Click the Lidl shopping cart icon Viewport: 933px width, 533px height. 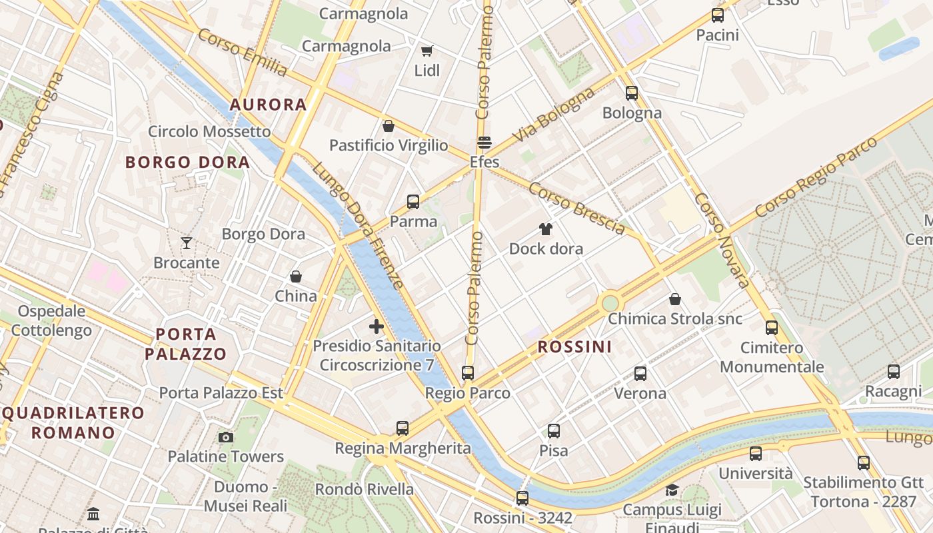click(x=427, y=51)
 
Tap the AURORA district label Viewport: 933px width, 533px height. click(x=268, y=105)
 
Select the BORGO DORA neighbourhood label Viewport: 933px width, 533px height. click(x=187, y=162)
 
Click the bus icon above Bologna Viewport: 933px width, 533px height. click(x=631, y=93)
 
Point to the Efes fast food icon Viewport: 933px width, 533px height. click(x=484, y=143)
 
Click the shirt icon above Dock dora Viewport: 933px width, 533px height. click(x=546, y=230)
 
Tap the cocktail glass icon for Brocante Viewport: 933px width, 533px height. click(x=187, y=243)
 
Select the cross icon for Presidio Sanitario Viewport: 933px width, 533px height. click(x=377, y=326)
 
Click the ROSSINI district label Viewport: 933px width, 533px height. click(x=574, y=346)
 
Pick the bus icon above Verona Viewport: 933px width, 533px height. click(x=640, y=374)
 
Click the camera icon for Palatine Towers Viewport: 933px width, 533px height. click(x=226, y=437)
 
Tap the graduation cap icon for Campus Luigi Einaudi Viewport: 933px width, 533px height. click(x=672, y=490)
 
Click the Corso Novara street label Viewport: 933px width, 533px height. click(x=722, y=240)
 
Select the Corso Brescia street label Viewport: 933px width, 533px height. click(x=576, y=207)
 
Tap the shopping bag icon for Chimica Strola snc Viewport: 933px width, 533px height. click(x=675, y=299)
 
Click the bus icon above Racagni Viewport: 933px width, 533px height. click(x=893, y=372)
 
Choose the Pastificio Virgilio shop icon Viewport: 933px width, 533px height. click(x=388, y=126)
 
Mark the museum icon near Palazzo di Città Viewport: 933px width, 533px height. click(x=93, y=514)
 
